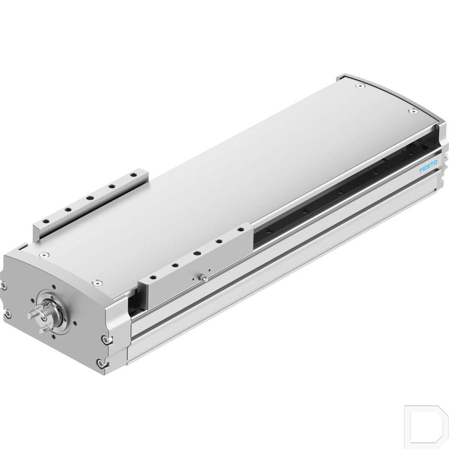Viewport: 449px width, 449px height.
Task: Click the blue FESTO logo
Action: [x=428, y=166]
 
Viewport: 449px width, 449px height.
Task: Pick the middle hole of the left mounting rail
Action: [x=89, y=198]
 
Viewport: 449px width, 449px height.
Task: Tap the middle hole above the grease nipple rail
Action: [x=197, y=253]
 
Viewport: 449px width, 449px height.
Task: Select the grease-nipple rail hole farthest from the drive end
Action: [x=240, y=230]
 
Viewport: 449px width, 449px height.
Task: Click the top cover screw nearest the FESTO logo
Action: [x=413, y=111]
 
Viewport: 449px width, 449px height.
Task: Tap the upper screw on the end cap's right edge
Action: [x=104, y=339]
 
